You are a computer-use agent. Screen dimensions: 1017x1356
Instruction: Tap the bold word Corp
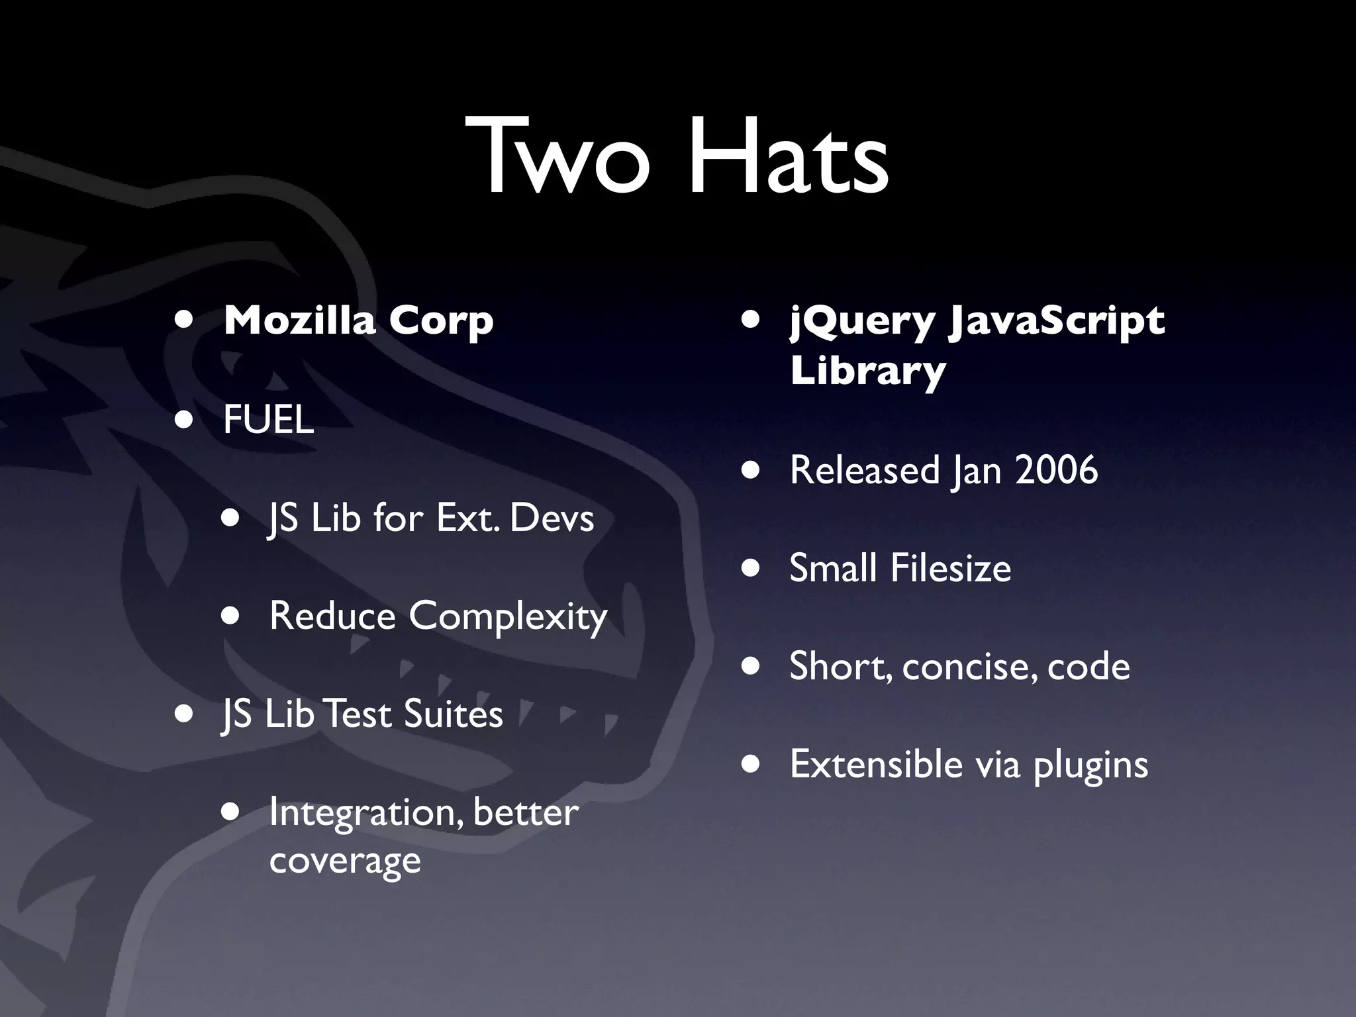pyautogui.click(x=441, y=322)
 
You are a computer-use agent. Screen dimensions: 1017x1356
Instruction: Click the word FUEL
pyautogui.click(x=268, y=420)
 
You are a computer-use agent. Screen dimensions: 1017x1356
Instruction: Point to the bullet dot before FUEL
pyautogui.click(x=184, y=420)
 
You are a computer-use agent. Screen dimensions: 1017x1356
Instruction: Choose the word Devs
pyautogui.click(x=552, y=518)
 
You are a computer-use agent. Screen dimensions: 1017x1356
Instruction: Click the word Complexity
pyautogui.click(x=508, y=617)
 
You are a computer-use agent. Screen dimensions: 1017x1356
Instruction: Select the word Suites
pyautogui.click(x=453, y=714)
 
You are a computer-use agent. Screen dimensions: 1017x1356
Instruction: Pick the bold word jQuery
pyautogui.click(x=862, y=322)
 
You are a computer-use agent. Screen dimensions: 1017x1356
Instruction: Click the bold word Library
pyautogui.click(x=867, y=371)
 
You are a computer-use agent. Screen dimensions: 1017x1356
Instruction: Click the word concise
pyautogui.click(x=970, y=667)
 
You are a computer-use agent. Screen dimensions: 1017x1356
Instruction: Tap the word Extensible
pyautogui.click(x=876, y=764)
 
